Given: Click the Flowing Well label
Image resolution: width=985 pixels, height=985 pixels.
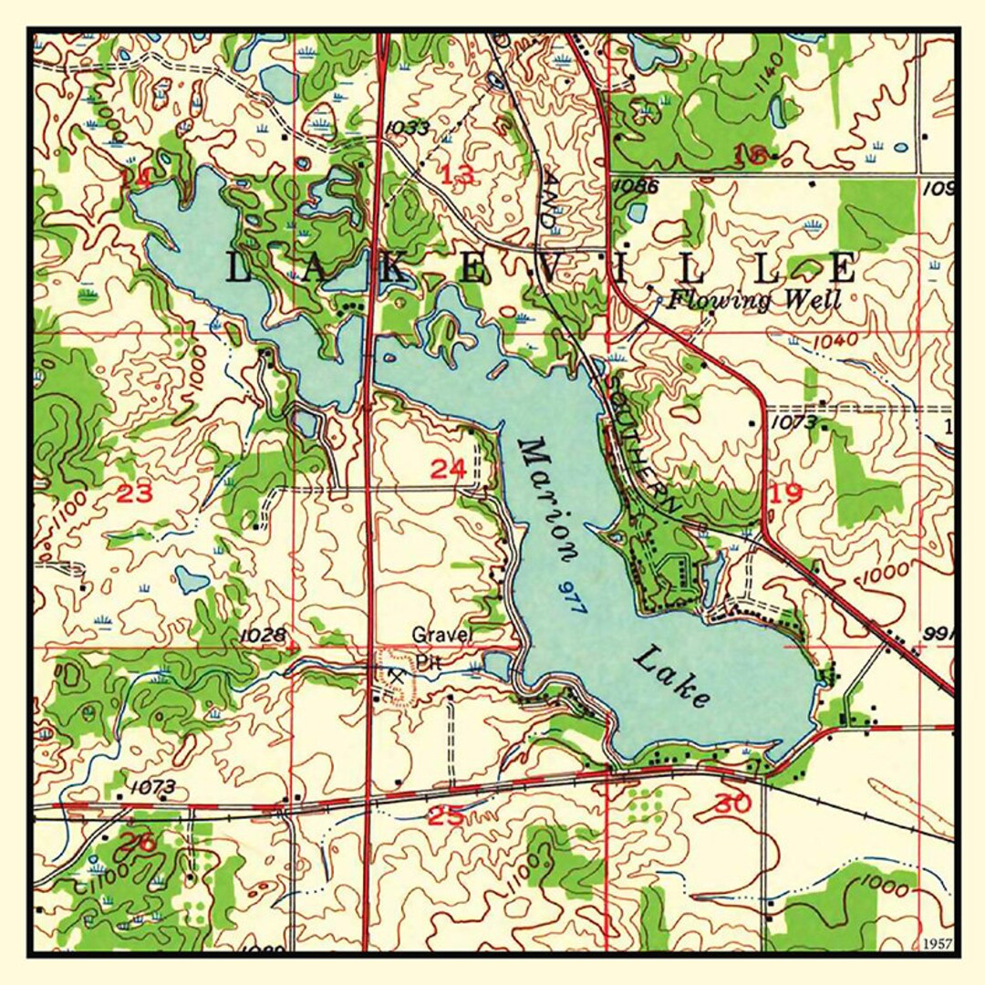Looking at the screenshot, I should click(753, 299).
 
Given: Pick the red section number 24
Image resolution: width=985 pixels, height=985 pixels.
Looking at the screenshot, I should click(448, 470).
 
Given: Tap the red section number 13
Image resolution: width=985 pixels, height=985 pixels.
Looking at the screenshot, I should click(458, 175).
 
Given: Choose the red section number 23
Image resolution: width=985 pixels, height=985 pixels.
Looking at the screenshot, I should click(135, 494).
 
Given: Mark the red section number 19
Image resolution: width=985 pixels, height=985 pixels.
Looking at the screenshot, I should click(785, 494).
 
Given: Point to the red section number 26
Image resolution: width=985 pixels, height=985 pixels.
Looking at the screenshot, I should click(138, 842).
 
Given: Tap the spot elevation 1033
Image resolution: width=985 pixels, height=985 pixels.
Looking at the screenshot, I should click(406, 128).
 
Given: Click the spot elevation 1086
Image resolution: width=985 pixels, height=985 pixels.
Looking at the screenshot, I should click(636, 186).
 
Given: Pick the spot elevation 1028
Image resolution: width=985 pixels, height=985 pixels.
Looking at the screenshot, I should click(264, 634).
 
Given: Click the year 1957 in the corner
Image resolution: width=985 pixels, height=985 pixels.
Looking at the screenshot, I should click(937, 942).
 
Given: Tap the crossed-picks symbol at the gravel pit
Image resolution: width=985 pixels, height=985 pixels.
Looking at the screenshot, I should click(395, 676).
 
